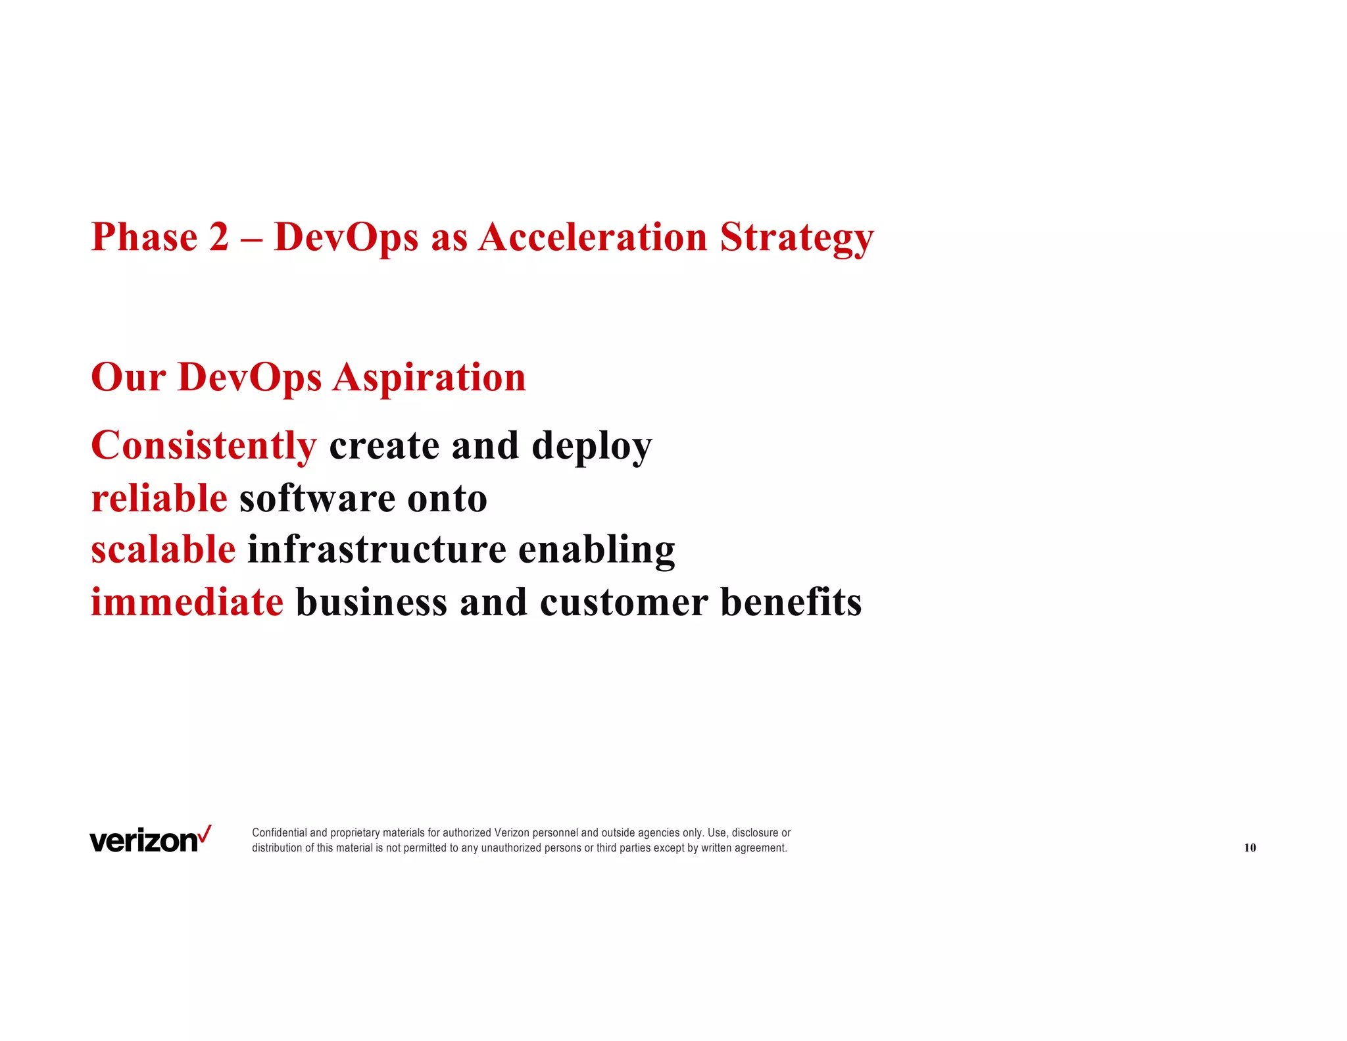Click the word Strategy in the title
coord(796,238)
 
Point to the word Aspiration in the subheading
coord(429,378)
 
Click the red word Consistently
coord(204,446)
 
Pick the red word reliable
coord(159,498)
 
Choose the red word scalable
coord(163,549)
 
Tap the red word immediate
coord(187,602)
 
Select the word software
coord(317,499)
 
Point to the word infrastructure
coord(376,549)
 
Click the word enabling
coord(597,551)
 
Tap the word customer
coord(624,602)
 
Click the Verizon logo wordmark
coord(143,842)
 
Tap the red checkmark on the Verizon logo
coord(205,834)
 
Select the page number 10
coord(1250,848)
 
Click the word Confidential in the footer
coord(280,833)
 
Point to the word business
coord(372,602)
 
